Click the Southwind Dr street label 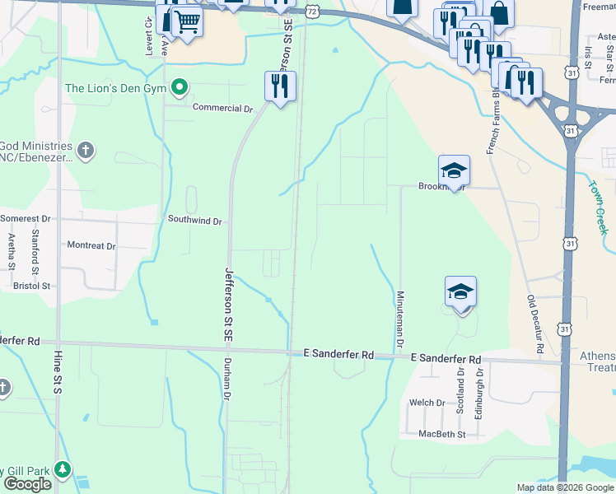(195, 221)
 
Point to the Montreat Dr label (91, 245)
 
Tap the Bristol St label (32, 286)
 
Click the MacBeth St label (441, 434)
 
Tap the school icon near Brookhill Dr (454, 170)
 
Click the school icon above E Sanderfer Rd (461, 291)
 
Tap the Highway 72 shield (310, 11)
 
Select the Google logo (27, 484)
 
